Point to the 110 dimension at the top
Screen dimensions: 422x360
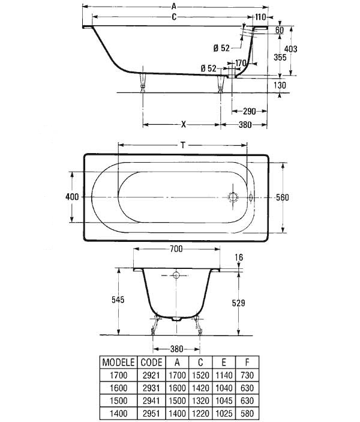point(260,17)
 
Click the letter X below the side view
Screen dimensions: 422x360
point(184,124)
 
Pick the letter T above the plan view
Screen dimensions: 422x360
point(182,144)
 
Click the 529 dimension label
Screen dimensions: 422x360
point(238,303)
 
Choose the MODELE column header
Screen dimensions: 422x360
point(118,363)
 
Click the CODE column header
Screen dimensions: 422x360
point(150,363)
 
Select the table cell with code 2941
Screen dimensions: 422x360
point(150,400)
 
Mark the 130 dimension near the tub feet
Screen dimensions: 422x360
point(280,85)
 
